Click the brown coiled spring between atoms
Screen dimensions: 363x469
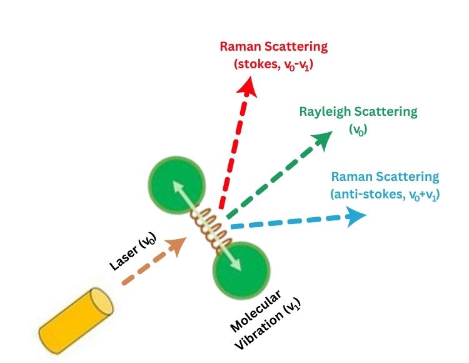209,228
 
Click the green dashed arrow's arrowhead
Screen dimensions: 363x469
326,139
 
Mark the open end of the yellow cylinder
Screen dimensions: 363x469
101,300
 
